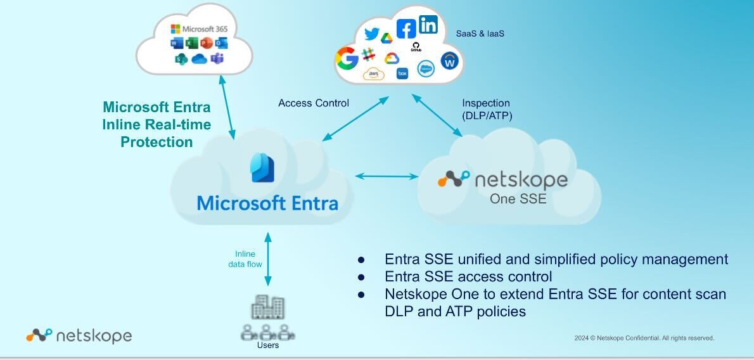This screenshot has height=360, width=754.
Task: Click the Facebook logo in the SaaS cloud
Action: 406,29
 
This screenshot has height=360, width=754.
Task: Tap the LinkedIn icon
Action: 428,25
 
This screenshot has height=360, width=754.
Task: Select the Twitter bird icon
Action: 372,34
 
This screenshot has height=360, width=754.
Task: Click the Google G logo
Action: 347,59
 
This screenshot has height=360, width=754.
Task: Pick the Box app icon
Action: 402,74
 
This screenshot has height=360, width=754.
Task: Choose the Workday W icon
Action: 449,61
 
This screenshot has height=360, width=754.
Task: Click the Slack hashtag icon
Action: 368,55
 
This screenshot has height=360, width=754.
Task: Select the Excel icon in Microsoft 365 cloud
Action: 191,43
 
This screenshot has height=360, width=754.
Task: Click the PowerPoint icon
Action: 206,43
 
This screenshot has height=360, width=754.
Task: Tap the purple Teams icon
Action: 217,59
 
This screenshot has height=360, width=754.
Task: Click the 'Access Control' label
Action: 314,103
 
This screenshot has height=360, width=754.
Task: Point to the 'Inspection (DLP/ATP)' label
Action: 487,109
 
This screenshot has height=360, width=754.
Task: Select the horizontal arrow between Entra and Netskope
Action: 385,176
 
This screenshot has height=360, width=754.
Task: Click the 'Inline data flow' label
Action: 245,259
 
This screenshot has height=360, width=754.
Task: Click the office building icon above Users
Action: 267,308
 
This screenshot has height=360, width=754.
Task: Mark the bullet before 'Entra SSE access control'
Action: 361,277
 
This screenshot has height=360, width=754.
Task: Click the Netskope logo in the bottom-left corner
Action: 79,335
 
